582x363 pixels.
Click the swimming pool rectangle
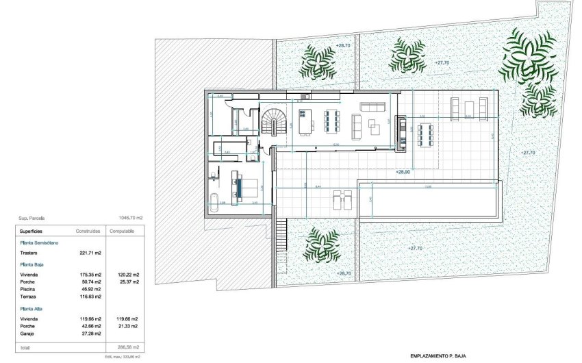429,199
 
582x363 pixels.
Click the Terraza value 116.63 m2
88,296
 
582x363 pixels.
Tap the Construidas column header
89,231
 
